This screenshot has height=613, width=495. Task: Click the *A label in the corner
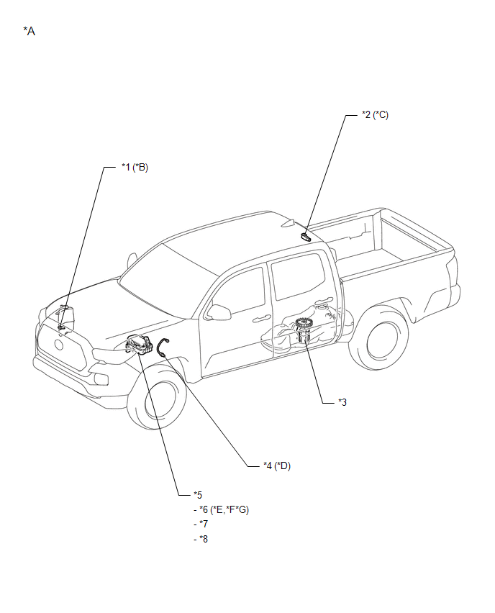[29, 31]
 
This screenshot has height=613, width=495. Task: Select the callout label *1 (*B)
[135, 168]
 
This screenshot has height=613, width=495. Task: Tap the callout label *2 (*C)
[375, 115]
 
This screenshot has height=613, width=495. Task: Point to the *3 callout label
[342, 402]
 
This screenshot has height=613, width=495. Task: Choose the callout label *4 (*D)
[277, 466]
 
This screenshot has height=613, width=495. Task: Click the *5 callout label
[198, 495]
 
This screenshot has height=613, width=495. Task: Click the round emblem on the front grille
[59, 345]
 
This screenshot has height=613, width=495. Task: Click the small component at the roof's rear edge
[305, 236]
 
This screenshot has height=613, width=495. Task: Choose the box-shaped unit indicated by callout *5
[140, 345]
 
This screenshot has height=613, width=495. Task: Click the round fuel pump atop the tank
[303, 324]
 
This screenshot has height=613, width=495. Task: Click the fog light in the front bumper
[101, 378]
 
